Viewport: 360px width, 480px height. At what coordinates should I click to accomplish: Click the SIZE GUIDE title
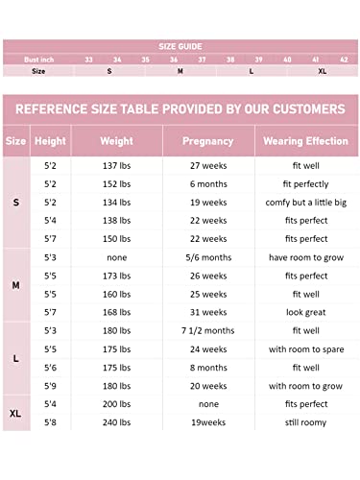coord(180,45)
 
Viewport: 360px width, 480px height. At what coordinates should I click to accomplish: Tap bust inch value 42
coord(344,59)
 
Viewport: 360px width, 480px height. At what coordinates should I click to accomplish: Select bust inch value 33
coord(89,59)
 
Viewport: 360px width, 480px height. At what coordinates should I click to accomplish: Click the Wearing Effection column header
coord(305,141)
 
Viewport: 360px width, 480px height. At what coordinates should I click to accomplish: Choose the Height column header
coord(50,141)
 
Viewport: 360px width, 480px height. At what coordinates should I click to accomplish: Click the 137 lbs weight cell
coord(117,166)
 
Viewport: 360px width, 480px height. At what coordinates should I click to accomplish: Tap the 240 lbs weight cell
coord(117,422)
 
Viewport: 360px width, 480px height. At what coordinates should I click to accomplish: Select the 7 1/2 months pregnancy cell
coord(208,331)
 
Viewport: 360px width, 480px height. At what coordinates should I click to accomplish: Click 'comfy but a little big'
coord(305,203)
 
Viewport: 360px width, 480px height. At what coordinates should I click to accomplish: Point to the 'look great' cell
coord(305,312)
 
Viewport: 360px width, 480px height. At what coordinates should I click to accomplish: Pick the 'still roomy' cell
coord(305,422)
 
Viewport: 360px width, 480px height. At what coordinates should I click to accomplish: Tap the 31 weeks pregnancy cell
coord(208,312)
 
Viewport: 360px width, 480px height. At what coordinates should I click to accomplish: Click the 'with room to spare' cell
coord(305,349)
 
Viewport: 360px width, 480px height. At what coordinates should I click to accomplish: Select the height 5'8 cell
coord(50,422)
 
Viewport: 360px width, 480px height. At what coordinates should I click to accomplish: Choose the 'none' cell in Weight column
coord(117,257)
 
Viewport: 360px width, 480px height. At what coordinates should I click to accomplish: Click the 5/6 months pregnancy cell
coord(208,257)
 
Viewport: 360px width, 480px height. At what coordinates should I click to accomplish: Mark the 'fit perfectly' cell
coord(305,184)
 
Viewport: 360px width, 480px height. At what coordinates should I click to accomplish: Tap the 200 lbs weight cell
coord(117,404)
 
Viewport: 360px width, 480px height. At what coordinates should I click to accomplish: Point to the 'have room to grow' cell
coord(305,257)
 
